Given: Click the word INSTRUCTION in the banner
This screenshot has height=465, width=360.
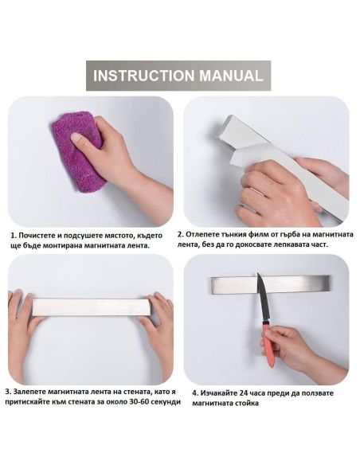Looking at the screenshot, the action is click(x=144, y=76).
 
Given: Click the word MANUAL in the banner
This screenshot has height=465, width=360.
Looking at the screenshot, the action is click(x=231, y=76).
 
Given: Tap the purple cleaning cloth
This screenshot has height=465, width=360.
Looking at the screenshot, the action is click(x=78, y=151).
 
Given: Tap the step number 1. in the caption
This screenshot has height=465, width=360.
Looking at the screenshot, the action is click(x=14, y=236).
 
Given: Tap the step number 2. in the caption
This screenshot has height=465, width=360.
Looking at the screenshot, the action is click(x=181, y=234).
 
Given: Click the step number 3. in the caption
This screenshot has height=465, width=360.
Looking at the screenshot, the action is click(x=8, y=392).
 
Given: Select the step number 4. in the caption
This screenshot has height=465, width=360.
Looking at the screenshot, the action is click(x=195, y=393).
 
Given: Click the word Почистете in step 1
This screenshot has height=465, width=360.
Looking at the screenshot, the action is click(x=37, y=236).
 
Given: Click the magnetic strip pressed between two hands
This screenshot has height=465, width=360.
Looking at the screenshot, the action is click(x=92, y=307).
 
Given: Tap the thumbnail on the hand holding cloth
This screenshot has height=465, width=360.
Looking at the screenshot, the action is click(x=76, y=138).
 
